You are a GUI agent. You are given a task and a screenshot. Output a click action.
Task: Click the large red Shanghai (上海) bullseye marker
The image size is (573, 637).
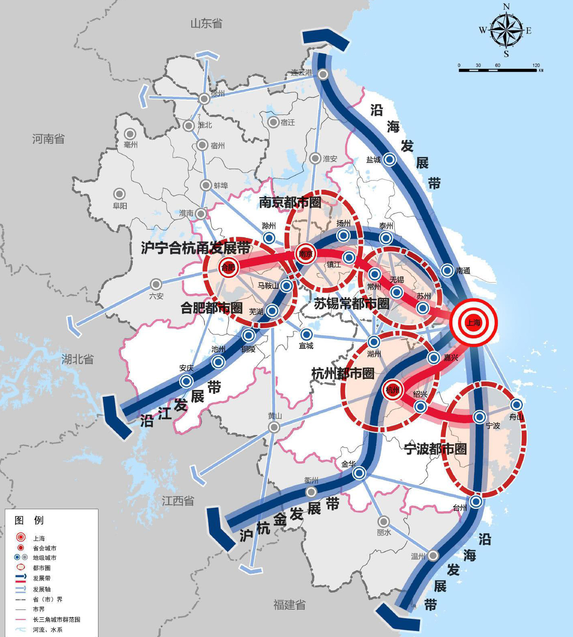point(473,322)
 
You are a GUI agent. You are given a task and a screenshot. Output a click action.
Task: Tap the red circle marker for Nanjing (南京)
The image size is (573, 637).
point(305,254)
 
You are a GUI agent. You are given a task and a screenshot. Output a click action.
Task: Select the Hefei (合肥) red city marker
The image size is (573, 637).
point(228,267)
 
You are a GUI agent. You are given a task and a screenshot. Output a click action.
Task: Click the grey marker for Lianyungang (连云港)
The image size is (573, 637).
point(323,74)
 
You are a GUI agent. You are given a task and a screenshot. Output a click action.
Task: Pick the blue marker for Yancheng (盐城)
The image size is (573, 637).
point(389,160)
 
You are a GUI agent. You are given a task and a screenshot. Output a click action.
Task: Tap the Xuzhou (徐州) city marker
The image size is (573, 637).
point(204,98)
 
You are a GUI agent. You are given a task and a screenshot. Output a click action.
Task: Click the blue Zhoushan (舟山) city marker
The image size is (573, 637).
point(517,405)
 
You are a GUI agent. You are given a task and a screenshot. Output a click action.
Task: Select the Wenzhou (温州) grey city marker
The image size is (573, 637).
point(433,556)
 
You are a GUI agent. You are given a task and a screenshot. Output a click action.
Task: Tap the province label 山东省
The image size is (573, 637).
point(206,23)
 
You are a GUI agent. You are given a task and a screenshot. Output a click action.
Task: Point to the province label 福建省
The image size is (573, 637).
point(289,605)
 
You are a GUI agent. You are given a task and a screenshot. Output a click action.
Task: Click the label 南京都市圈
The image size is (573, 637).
point(290,202)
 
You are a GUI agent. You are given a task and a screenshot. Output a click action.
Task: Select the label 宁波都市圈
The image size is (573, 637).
point(435,449)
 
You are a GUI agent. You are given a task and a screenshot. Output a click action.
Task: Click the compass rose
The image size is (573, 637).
point(506,30)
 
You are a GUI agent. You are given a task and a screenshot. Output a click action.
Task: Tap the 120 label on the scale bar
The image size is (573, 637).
point(536,65)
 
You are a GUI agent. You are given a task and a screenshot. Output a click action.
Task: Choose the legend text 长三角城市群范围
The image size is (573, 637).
point(56,620)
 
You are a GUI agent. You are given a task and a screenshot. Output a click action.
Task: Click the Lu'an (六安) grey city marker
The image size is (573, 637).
point(156,284)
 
